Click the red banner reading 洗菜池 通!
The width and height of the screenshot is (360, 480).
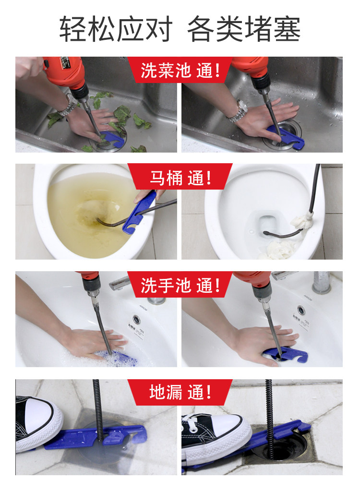(x=180, y=70)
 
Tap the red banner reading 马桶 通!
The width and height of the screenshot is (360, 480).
(x=180, y=177)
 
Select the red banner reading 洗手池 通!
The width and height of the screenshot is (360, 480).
(x=180, y=285)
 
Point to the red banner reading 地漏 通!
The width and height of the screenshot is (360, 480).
(x=180, y=392)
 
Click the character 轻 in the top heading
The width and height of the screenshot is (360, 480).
(x=73, y=29)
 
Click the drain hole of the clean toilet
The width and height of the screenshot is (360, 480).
(x=268, y=224)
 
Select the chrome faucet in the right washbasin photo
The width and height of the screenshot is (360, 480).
(x=320, y=282)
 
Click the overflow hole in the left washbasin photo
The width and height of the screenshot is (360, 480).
(x=136, y=319)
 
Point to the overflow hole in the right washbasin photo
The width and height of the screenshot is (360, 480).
(x=301, y=310)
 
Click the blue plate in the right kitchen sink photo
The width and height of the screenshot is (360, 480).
(x=286, y=136)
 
